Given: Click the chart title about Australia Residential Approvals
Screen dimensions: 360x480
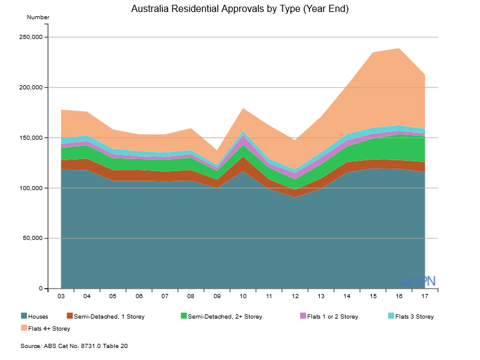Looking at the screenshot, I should tap(240, 9).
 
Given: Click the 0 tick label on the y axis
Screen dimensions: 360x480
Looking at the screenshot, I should tap(41, 289).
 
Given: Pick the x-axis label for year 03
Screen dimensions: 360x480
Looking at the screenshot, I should tap(61, 296).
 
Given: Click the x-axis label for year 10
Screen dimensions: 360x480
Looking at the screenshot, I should tap(243, 296).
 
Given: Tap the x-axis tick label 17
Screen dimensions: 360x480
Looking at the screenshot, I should tap(425, 296).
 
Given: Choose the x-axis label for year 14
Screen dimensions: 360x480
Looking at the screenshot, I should tap(347, 296).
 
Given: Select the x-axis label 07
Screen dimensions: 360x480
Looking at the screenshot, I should tap(165, 296).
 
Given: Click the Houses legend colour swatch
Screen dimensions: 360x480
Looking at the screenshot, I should tap(24, 316).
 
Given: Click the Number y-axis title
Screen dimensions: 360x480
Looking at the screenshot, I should tap(38, 17).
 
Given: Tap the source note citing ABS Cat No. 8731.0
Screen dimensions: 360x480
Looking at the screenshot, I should tap(74, 346).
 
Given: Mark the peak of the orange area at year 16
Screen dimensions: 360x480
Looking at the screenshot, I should tap(399, 49).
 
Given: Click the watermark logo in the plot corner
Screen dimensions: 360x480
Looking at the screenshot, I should tap(418, 280).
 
